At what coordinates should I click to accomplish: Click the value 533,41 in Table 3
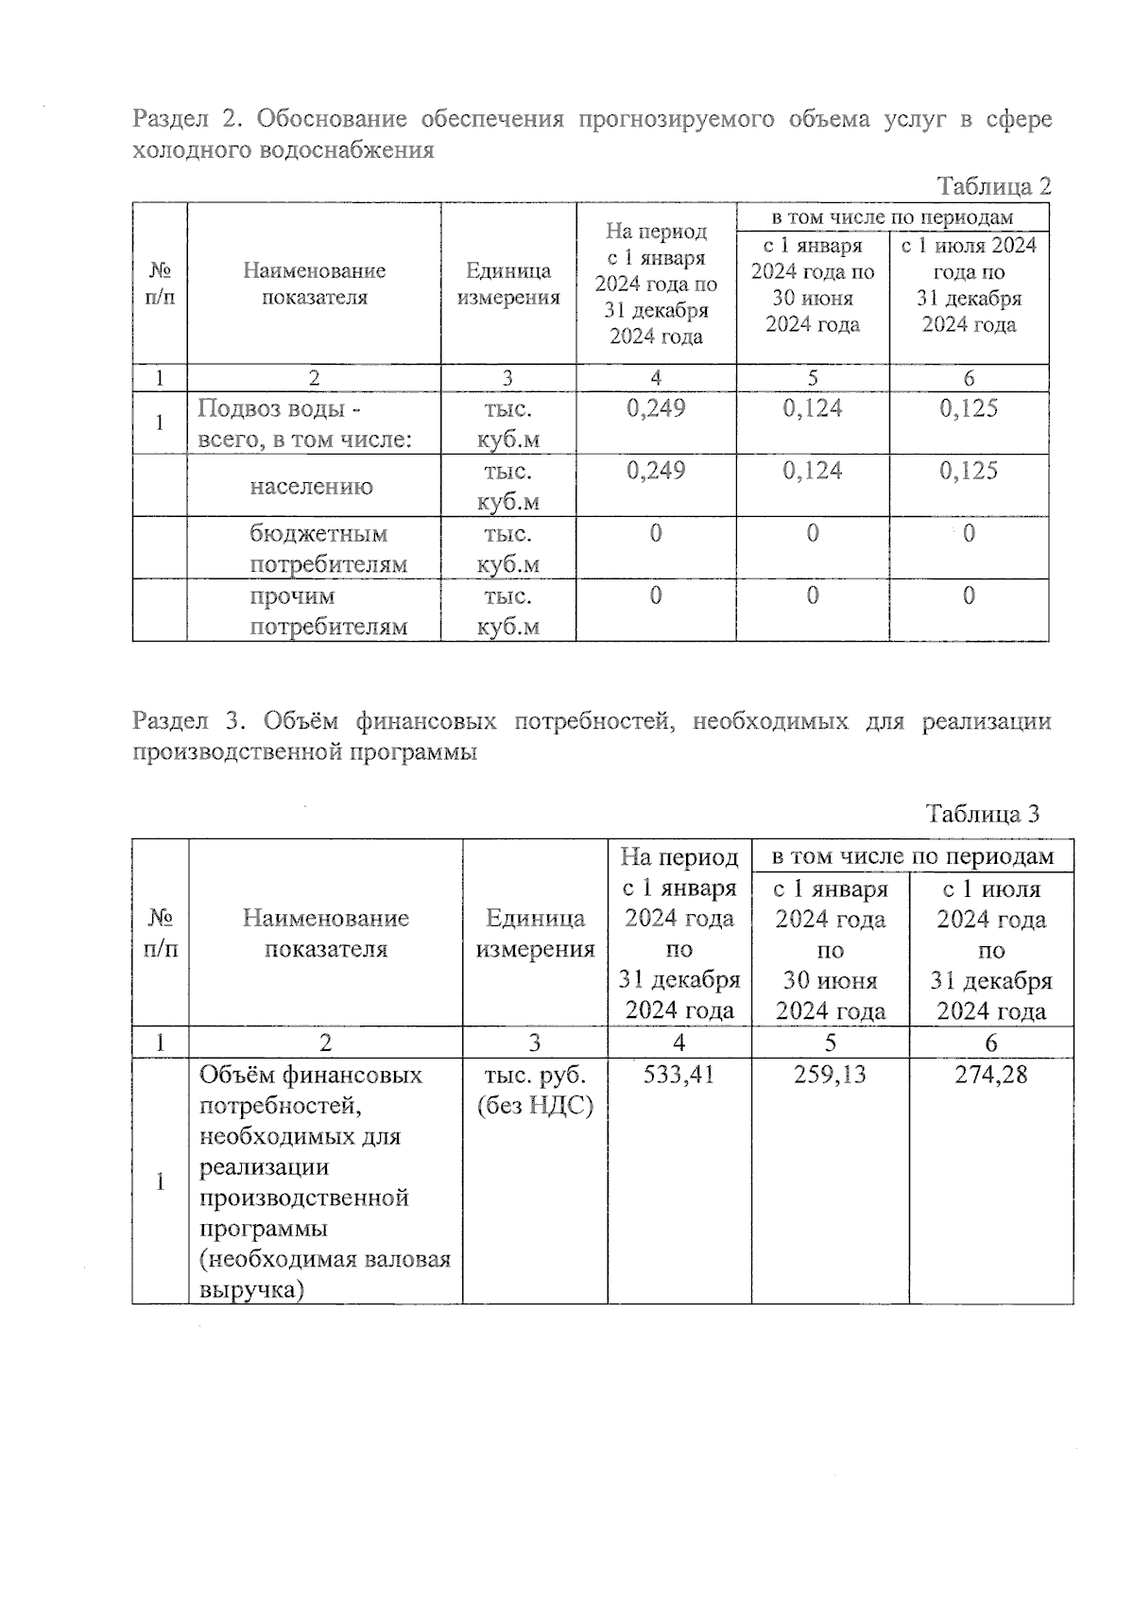click(x=679, y=1075)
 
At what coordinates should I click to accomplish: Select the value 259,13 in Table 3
click(x=830, y=1075)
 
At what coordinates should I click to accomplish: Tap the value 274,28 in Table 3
click(x=990, y=1075)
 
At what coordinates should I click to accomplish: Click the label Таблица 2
click(x=993, y=186)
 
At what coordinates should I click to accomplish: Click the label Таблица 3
click(x=983, y=814)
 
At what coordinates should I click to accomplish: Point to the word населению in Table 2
click(x=312, y=487)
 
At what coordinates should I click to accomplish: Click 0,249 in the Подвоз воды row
click(x=656, y=408)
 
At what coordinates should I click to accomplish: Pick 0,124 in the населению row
click(x=812, y=471)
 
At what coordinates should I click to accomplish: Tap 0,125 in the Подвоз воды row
click(x=969, y=408)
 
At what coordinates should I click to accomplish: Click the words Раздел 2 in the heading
click(x=183, y=119)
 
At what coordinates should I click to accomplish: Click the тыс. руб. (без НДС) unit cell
click(x=535, y=1090)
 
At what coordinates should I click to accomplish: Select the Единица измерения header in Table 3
click(x=535, y=933)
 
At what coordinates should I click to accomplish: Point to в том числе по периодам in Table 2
click(x=892, y=217)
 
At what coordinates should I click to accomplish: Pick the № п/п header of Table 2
click(x=160, y=284)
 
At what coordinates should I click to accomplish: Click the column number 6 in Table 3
click(x=990, y=1043)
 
